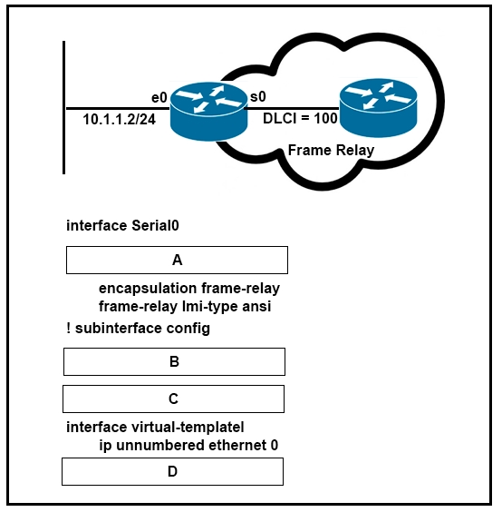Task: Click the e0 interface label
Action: coord(159,97)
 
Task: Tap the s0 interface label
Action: coord(258,96)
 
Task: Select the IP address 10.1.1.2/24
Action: coord(120,119)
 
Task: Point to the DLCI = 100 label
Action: coord(300,118)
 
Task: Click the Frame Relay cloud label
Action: coord(331,150)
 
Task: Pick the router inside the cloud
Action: coord(378,108)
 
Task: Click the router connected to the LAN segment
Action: coord(208,111)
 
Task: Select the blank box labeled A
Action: coord(177,260)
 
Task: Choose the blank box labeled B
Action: coord(174,362)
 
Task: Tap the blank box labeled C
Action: coord(173,399)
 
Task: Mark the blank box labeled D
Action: coord(172,471)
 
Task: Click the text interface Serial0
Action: coord(122,226)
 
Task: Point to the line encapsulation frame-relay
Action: coord(189,289)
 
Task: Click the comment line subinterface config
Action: coord(138,329)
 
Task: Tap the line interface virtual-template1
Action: coord(155,427)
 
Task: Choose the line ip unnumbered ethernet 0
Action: coord(188,446)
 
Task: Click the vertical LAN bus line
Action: coord(64,107)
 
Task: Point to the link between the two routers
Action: coord(292,108)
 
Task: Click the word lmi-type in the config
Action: coord(210,307)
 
